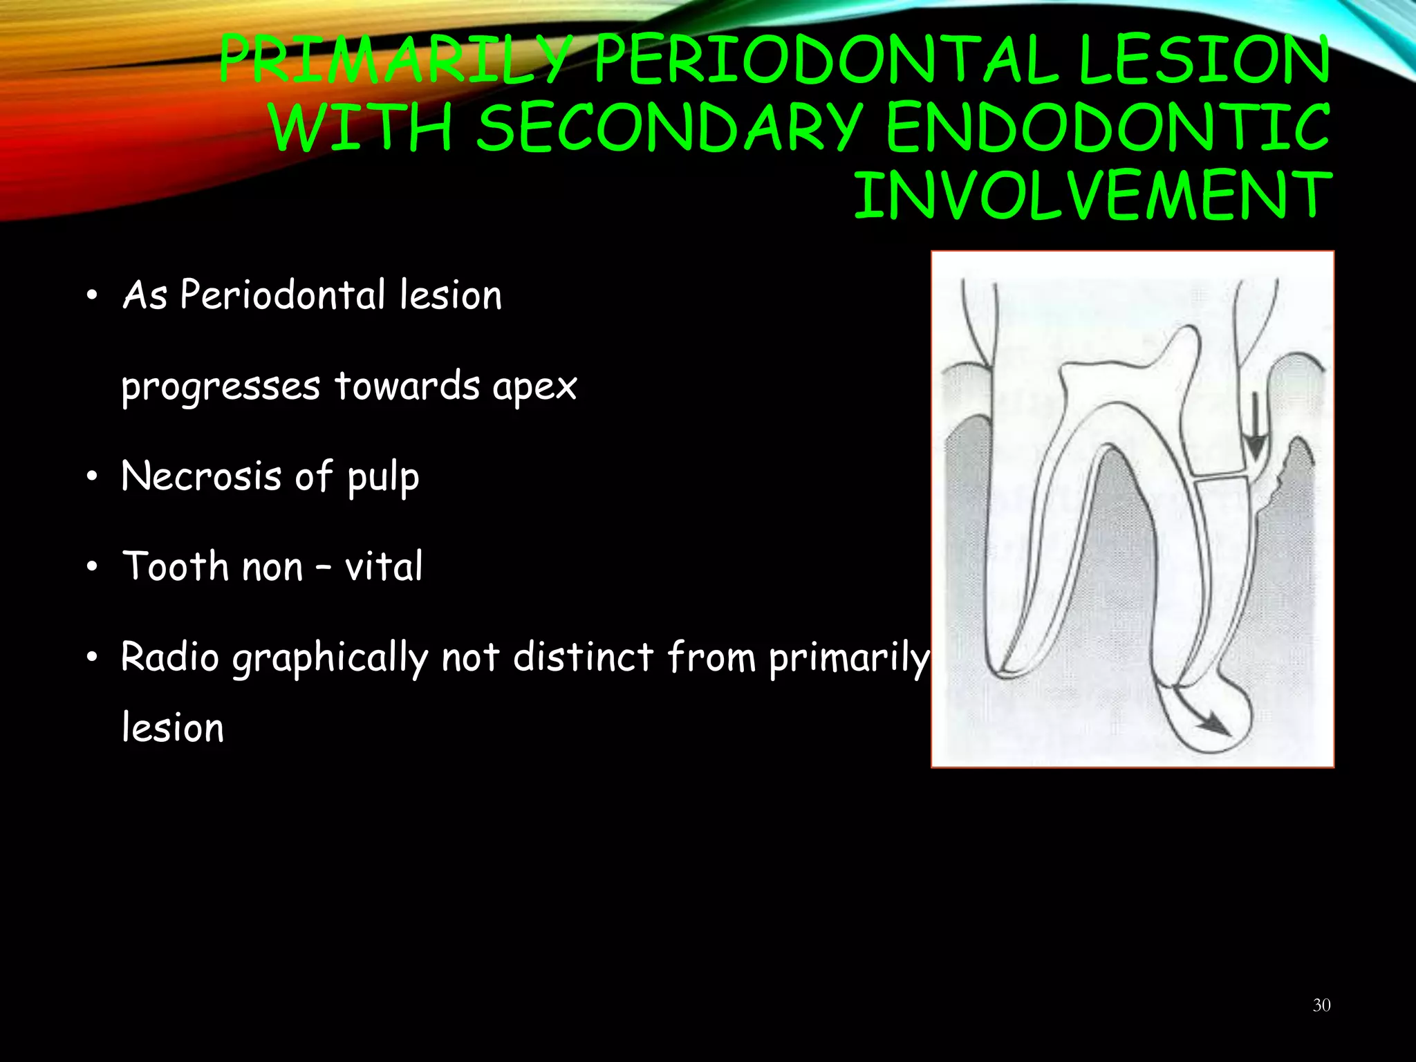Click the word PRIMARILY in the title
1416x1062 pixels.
pos(394,61)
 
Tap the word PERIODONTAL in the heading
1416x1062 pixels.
pos(826,61)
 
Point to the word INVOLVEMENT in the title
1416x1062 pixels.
pos(1092,196)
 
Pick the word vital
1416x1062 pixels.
pos(384,567)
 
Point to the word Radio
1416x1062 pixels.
pos(170,657)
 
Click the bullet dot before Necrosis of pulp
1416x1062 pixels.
pos(93,478)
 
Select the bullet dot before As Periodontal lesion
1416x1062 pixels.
pos(93,297)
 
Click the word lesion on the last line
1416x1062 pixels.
pos(173,729)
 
